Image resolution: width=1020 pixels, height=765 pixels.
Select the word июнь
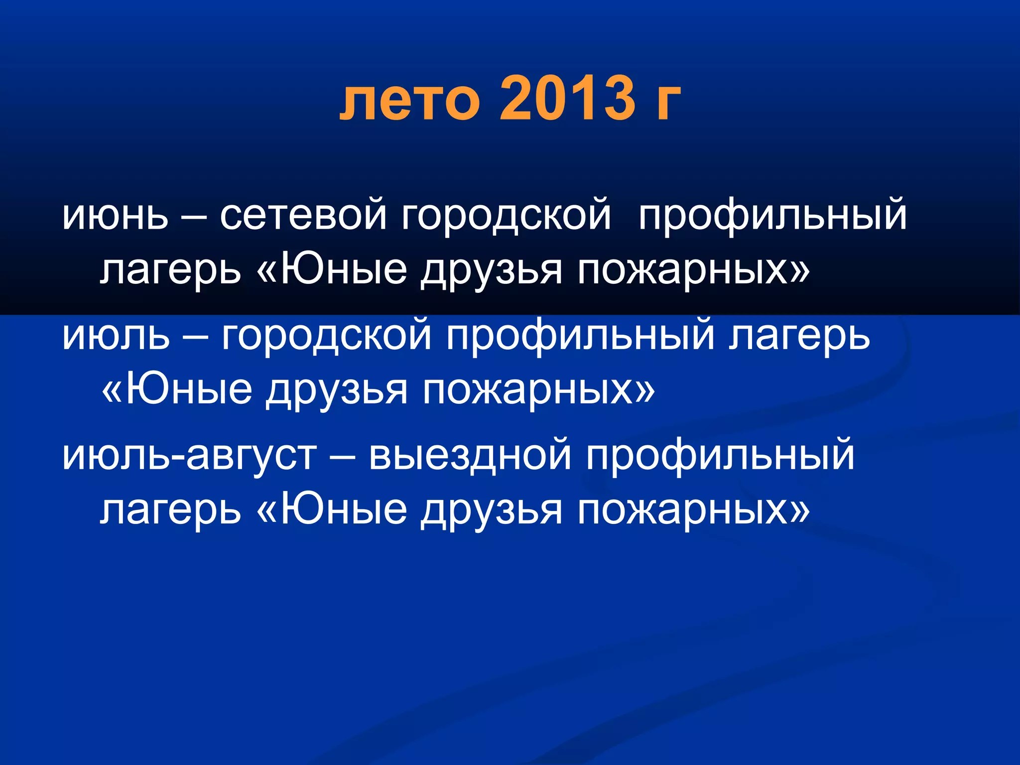tap(115, 216)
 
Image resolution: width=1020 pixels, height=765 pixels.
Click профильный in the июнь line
tap(772, 216)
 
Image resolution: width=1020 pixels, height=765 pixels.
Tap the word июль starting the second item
tap(116, 336)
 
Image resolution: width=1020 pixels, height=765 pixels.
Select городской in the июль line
tap(326, 336)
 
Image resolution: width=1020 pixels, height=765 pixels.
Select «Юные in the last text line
tap(331, 510)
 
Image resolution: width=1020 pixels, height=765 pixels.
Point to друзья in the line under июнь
tap(491, 272)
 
